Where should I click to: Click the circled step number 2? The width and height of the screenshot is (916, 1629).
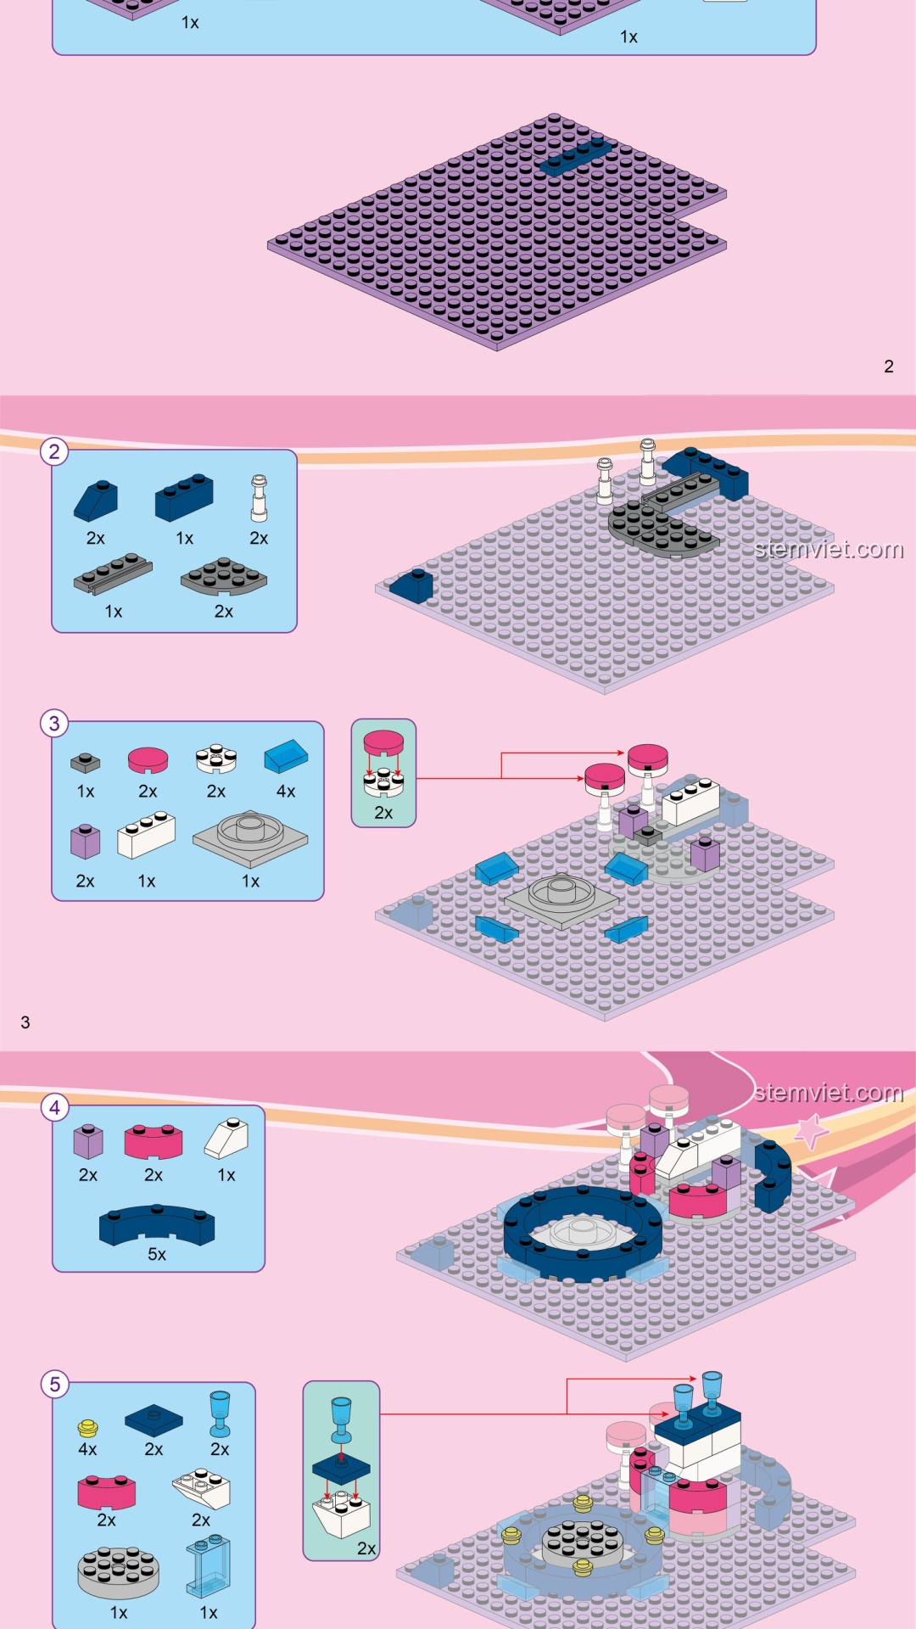pyautogui.click(x=54, y=451)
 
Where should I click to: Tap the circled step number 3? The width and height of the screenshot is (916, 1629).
pyautogui.click(x=54, y=724)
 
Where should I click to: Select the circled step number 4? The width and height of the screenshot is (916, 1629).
pyautogui.click(x=55, y=1107)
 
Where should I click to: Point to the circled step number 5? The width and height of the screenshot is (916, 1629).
pyautogui.click(x=55, y=1385)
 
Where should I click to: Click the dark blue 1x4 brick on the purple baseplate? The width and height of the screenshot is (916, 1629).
pyautogui.click(x=576, y=156)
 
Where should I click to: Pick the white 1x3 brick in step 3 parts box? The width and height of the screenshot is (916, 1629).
pyautogui.click(x=146, y=836)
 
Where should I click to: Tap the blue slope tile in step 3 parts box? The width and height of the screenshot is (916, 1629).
pyautogui.click(x=286, y=757)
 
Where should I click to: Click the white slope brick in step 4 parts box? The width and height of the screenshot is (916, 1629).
pyautogui.click(x=226, y=1138)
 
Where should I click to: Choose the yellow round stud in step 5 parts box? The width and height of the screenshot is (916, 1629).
pyautogui.click(x=88, y=1428)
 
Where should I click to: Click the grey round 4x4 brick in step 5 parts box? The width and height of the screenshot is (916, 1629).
pyautogui.click(x=118, y=1572)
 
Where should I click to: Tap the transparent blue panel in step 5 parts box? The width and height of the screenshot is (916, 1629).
pyautogui.click(x=208, y=1566)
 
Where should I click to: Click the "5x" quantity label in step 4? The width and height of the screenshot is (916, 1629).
pyautogui.click(x=157, y=1254)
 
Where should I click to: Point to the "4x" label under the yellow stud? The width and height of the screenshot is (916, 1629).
pyautogui.click(x=87, y=1449)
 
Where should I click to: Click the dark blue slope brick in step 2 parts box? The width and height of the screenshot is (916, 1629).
pyautogui.click(x=96, y=501)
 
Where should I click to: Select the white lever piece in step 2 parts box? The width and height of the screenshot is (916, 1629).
pyautogui.click(x=259, y=498)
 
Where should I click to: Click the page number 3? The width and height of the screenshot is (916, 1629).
pyautogui.click(x=25, y=1022)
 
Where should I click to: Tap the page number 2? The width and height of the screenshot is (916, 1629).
pyautogui.click(x=889, y=367)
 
